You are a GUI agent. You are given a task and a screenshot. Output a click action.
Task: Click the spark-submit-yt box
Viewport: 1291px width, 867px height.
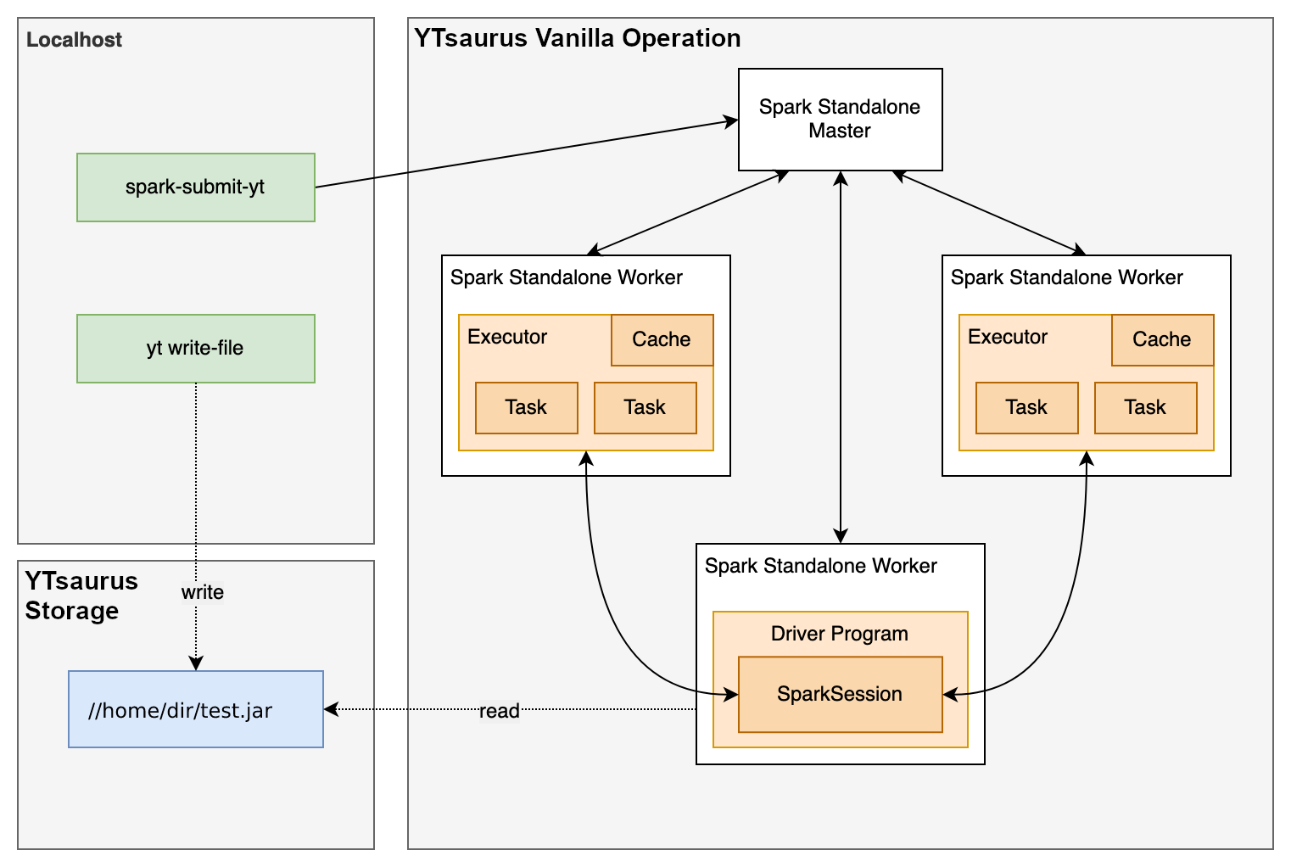pos(196,187)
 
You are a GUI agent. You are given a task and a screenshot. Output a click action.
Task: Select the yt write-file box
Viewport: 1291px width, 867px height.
pos(196,349)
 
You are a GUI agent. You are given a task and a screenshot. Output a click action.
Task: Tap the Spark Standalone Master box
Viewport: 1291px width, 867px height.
pos(840,120)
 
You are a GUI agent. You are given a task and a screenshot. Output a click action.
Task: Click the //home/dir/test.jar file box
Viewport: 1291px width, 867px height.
pos(196,709)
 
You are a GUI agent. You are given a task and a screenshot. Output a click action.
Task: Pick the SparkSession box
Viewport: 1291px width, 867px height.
pos(840,694)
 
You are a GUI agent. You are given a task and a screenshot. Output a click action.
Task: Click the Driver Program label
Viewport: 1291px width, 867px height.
pos(840,634)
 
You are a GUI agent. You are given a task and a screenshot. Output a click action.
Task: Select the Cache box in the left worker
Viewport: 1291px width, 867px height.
pos(662,339)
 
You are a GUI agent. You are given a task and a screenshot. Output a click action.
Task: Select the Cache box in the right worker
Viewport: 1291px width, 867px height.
pos(1162,339)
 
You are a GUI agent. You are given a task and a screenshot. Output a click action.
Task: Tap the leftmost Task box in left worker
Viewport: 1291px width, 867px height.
pos(526,407)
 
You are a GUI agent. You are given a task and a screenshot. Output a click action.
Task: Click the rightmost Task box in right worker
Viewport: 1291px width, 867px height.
pos(1145,407)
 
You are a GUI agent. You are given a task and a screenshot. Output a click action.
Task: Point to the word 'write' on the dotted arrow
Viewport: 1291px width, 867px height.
pos(202,592)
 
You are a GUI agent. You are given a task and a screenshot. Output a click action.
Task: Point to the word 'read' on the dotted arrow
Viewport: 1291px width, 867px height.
pos(499,711)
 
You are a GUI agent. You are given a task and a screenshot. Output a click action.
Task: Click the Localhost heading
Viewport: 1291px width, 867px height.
pos(74,40)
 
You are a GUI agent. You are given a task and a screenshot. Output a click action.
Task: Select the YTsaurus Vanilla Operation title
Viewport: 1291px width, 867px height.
pos(577,38)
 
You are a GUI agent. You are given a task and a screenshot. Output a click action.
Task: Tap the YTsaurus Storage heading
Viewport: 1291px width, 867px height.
pos(81,596)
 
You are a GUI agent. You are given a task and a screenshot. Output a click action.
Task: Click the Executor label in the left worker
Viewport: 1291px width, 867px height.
pos(507,337)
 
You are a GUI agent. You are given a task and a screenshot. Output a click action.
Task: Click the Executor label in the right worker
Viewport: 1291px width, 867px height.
pos(1008,337)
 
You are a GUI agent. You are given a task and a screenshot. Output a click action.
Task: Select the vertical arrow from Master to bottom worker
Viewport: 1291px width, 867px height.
pos(840,356)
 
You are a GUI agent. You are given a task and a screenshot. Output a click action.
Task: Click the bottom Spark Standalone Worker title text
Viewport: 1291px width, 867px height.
pos(820,566)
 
